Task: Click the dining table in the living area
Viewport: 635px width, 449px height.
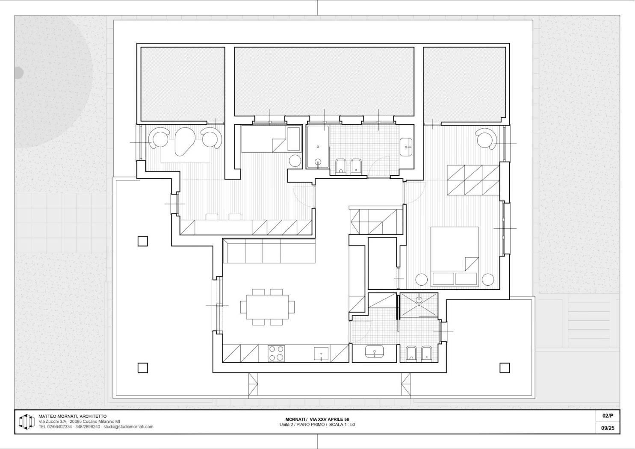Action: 267,307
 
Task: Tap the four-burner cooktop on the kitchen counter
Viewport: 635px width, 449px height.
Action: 276,354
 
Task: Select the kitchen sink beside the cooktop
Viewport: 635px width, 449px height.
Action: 321,354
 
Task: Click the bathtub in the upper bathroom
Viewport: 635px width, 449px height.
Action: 318,147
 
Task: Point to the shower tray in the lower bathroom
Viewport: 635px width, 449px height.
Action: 419,305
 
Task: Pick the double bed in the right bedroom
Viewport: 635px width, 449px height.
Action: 455,257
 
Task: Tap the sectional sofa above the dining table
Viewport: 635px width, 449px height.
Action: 269,251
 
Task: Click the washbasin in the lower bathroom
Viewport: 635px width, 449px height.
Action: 374,352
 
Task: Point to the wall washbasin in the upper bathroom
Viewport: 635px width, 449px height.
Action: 407,147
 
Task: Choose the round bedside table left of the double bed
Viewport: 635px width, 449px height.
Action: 421,280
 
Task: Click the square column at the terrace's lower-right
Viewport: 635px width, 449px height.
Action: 504,368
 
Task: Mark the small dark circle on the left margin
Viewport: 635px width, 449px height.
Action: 19,73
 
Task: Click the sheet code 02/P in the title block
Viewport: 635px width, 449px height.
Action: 608,416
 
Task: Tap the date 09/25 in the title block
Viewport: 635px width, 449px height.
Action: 608,428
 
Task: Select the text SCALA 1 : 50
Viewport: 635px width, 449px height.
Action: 342,425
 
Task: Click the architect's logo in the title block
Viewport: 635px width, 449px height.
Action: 27,421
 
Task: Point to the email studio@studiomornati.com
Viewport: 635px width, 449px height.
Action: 128,427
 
